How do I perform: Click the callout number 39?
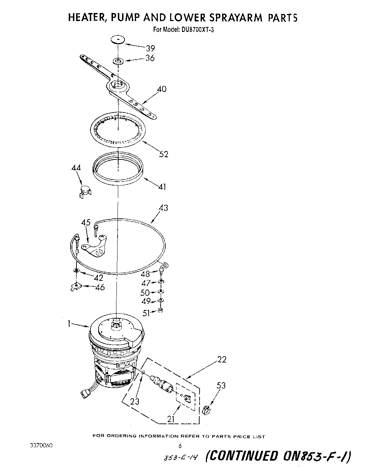tap(150, 48)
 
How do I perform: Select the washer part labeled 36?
tap(118, 62)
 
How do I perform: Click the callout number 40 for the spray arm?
tap(162, 89)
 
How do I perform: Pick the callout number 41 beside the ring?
tap(162, 187)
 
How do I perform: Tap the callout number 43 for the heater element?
tap(163, 208)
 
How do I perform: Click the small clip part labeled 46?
tap(75, 287)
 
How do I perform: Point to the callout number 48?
tap(145, 274)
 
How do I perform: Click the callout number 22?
tap(222, 359)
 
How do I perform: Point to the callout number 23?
tap(135, 402)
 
